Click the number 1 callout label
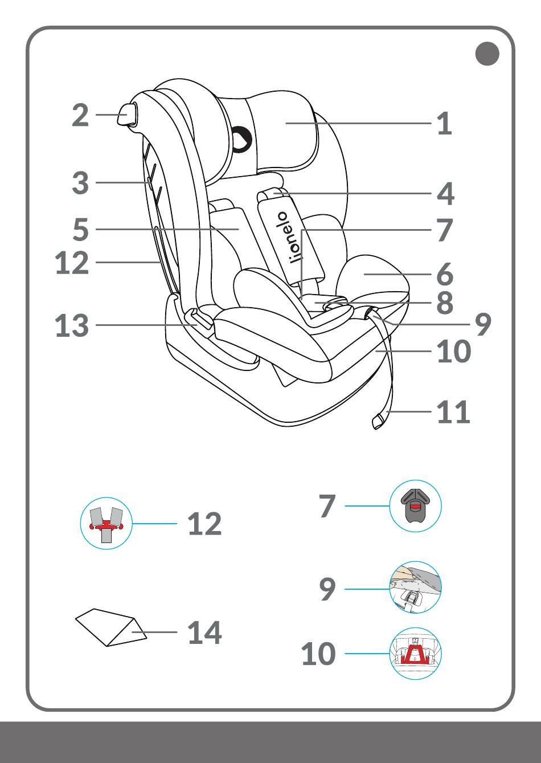(x=444, y=124)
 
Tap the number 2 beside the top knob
(x=81, y=115)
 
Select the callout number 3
(x=81, y=183)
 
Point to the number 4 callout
(x=445, y=194)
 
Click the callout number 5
(x=81, y=230)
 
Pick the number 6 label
(x=445, y=275)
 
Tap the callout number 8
(x=445, y=303)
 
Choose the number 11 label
(x=453, y=412)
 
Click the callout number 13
(x=72, y=326)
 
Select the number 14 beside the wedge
(x=204, y=633)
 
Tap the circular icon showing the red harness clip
(x=106, y=524)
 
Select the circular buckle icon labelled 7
(x=416, y=506)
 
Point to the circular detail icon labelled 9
(x=416, y=587)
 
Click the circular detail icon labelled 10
(x=416, y=654)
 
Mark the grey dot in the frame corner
(x=487, y=54)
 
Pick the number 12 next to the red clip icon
(x=204, y=524)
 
